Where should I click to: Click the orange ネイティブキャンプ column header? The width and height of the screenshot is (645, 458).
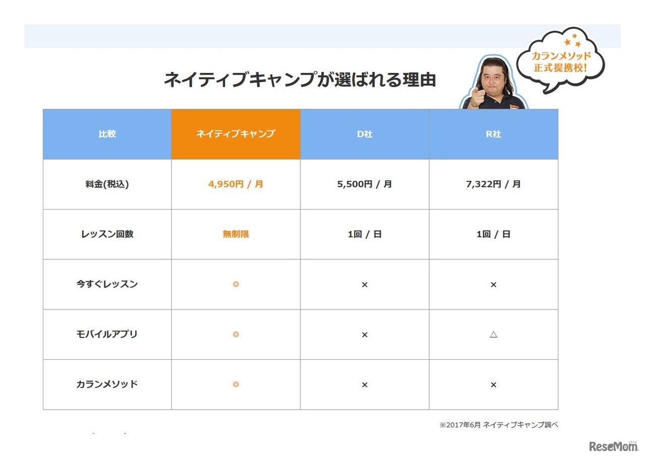[235, 134]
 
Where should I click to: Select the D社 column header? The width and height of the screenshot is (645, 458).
[364, 134]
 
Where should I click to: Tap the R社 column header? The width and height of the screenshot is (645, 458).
[493, 134]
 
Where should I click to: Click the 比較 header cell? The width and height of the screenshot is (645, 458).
[107, 134]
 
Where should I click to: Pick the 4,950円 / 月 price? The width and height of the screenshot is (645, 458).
[235, 184]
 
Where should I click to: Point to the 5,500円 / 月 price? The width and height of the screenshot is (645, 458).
[364, 184]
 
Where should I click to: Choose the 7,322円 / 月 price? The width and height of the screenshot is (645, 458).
[493, 184]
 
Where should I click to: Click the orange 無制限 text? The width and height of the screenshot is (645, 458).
[235, 234]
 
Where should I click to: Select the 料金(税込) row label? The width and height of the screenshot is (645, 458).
[107, 184]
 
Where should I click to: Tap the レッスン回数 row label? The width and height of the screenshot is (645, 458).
[107, 234]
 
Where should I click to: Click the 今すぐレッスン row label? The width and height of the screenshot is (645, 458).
[107, 284]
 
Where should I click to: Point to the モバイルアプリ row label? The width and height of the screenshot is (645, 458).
[107, 334]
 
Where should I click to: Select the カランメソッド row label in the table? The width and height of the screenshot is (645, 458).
[107, 384]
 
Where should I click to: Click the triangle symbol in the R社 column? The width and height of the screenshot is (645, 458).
[493, 334]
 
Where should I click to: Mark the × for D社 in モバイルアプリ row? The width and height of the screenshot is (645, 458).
[364, 334]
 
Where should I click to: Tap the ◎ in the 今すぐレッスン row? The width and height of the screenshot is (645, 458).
[235, 284]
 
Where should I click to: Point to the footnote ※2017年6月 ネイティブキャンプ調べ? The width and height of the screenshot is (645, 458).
[498, 425]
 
